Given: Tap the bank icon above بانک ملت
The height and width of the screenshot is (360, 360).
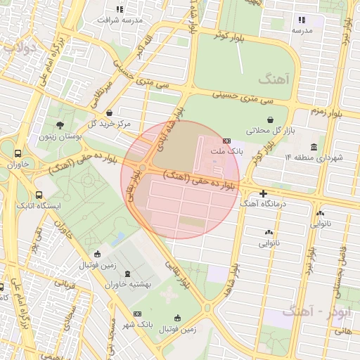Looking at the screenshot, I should pos(226,141).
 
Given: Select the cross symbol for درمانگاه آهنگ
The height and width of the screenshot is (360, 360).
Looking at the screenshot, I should pos(263,193).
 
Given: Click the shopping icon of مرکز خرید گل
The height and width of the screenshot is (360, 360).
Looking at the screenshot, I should pos(108,113).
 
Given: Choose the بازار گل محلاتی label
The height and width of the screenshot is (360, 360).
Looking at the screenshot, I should pos(268,131).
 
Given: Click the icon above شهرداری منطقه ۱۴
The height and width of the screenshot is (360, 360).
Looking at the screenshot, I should pos(313,147).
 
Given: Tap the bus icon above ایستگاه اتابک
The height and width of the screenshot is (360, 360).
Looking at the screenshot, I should pos(38,195).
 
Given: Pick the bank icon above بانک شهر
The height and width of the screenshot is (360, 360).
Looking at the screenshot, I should pos(136,314).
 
